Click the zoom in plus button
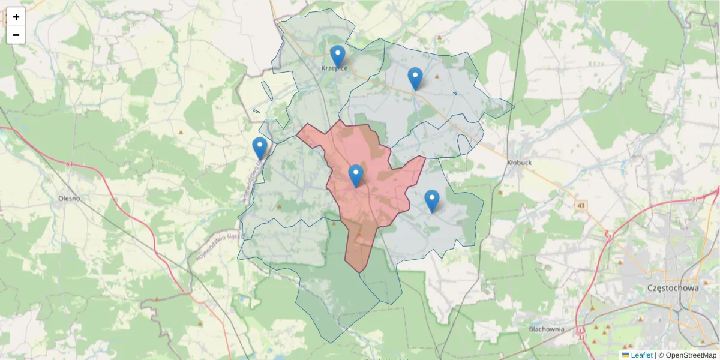click(x=16, y=17)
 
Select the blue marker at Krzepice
click(x=338, y=56)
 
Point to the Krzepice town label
click(x=334, y=68)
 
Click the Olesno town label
click(x=69, y=197)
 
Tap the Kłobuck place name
click(x=520, y=162)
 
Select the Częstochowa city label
click(x=673, y=288)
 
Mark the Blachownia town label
click(x=547, y=329)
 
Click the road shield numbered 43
click(x=580, y=206)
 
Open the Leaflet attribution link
click(x=641, y=355)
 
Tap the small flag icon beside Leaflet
click(x=625, y=355)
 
